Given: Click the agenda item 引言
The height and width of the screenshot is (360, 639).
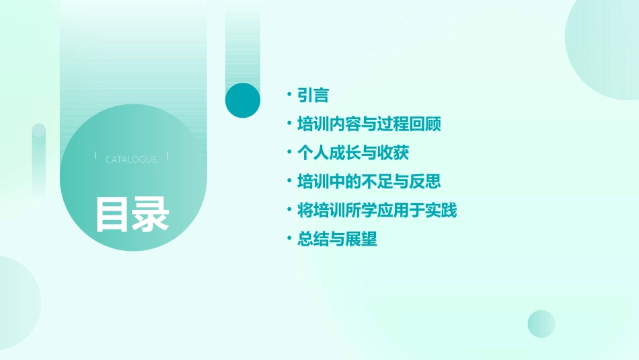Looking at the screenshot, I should (x=313, y=96).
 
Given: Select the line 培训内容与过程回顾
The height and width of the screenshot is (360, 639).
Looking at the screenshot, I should (x=369, y=124).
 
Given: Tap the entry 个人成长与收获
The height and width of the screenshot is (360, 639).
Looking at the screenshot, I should (x=353, y=153).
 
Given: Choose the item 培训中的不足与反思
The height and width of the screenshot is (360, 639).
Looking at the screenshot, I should (x=369, y=182).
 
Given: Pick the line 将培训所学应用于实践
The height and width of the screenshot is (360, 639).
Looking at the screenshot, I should (x=377, y=211).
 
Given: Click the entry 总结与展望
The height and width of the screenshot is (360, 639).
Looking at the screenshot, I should (x=337, y=240).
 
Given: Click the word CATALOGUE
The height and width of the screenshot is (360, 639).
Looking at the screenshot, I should (x=131, y=159).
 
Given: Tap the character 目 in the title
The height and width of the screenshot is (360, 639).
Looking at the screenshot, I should (x=112, y=214).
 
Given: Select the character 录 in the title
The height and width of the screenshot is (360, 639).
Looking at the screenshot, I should (x=150, y=214).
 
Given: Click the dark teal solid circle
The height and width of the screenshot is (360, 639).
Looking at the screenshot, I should (x=243, y=100).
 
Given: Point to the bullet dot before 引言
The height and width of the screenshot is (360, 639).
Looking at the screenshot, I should (x=289, y=96).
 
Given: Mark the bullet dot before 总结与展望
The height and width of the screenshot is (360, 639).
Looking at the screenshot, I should (x=289, y=240).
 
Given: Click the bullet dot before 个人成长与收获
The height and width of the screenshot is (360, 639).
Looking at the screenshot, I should (x=289, y=153).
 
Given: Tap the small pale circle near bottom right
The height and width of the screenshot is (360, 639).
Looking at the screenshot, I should (x=541, y=324).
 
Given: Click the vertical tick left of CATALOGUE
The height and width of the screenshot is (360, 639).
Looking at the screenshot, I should (x=96, y=155).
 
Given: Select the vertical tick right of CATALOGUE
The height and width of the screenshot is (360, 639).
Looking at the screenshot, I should (x=167, y=155).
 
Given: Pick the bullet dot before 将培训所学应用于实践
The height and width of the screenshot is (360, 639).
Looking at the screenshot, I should (x=289, y=211).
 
